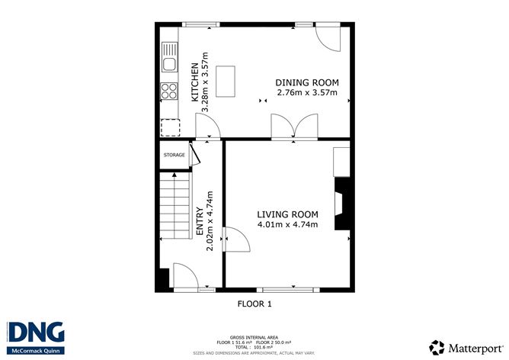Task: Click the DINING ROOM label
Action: (307, 83)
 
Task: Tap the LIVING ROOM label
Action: (287, 214)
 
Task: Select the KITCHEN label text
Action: (195, 82)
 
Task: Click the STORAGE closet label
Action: (174, 155)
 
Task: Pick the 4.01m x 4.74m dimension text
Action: (287, 225)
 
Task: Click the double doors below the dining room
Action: (295, 127)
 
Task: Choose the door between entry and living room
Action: (235, 242)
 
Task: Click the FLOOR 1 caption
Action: (254, 304)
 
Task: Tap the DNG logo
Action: (36, 333)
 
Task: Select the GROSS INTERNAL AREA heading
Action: (254, 336)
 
